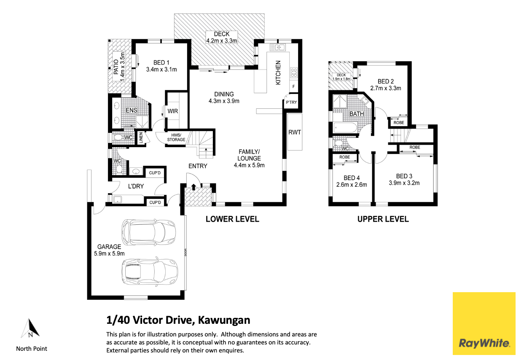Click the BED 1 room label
(x=161, y=63)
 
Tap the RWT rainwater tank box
(x=295, y=132)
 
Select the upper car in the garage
(x=148, y=232)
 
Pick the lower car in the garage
(x=150, y=272)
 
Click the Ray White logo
(x=484, y=323)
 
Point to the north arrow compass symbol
(x=30, y=328)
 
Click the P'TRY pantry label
(x=291, y=102)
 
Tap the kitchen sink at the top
(x=277, y=47)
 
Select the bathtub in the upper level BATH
(x=345, y=128)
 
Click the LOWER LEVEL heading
(x=232, y=219)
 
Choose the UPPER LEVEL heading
(x=383, y=219)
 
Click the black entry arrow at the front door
(x=193, y=187)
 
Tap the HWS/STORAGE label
(x=176, y=137)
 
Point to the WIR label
(x=173, y=111)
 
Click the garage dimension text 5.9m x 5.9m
(x=109, y=253)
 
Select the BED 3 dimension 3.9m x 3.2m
(x=404, y=183)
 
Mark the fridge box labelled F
(x=293, y=86)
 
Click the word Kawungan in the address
(x=224, y=320)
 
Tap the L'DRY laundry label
(x=136, y=186)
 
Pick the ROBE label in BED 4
(x=344, y=157)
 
